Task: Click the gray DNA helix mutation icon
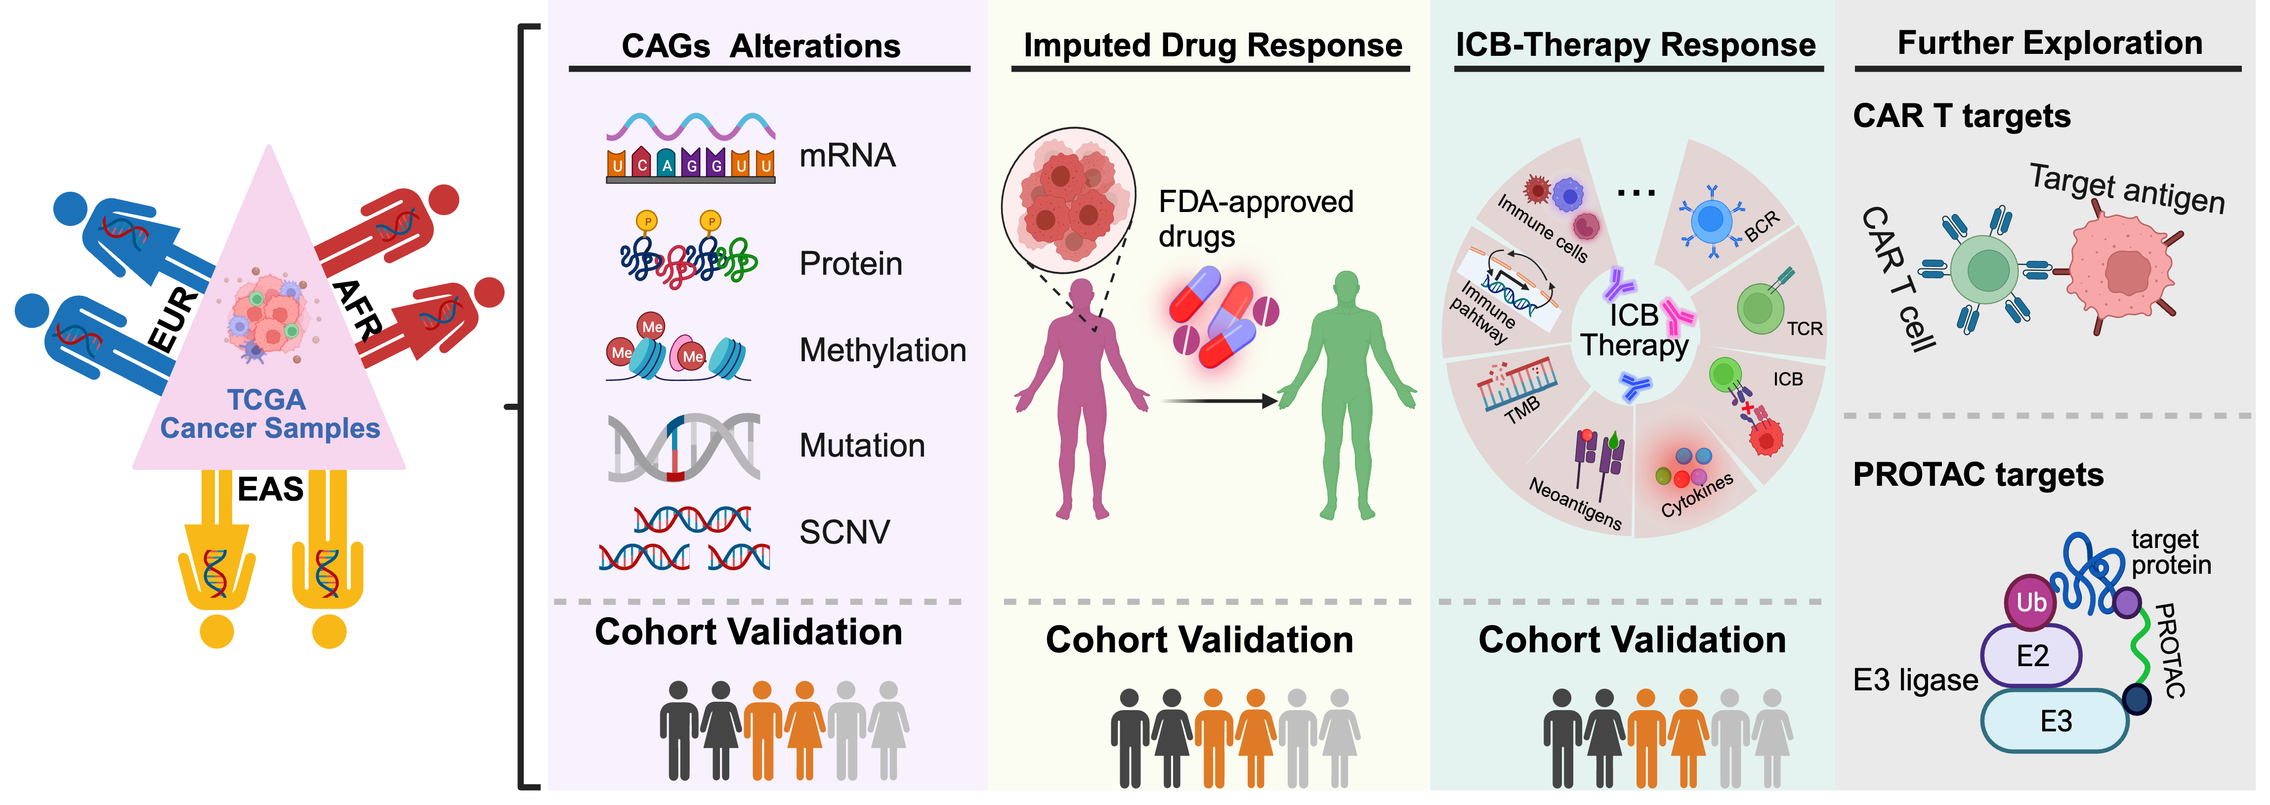coord(684,447)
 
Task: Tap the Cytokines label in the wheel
coord(1696,495)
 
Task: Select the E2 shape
coord(2031,656)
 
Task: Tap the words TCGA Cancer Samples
coord(270,414)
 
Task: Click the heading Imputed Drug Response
coord(1213,45)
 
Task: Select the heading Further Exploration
coord(2050,42)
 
